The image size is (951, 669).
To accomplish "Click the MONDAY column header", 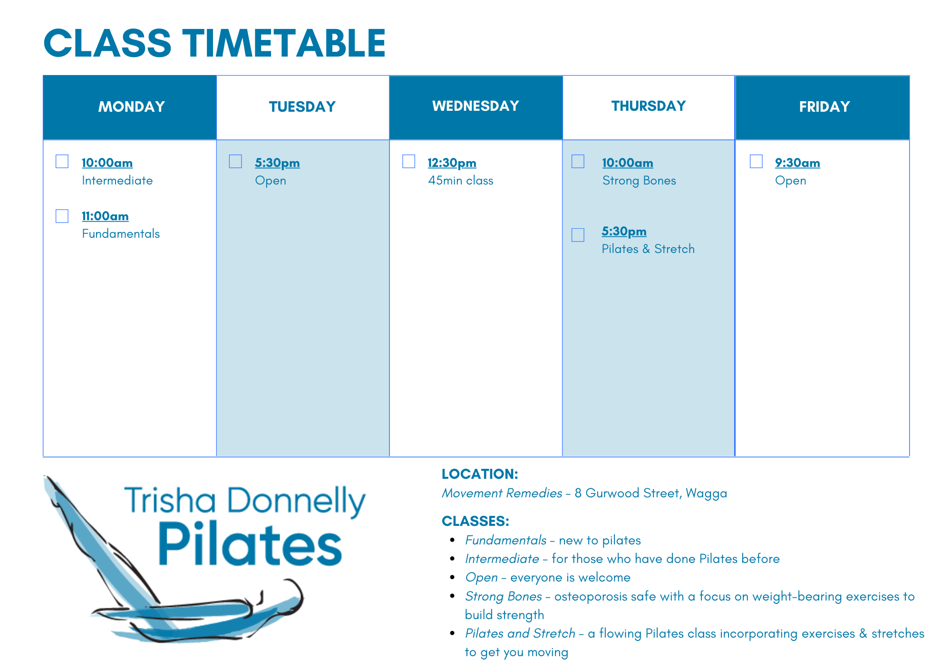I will click(x=131, y=107).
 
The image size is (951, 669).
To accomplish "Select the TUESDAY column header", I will click(x=302, y=107).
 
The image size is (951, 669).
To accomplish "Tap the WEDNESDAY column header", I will click(x=475, y=106).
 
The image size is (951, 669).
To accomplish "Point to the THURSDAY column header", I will click(x=649, y=106).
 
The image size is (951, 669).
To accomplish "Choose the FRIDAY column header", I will click(x=824, y=107).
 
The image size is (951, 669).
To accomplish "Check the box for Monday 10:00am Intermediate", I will click(x=62, y=162).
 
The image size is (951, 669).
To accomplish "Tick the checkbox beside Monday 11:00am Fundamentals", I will click(x=62, y=216).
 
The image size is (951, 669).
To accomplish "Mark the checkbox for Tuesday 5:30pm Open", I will click(x=235, y=162).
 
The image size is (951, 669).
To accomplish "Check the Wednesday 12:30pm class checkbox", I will click(x=408, y=162).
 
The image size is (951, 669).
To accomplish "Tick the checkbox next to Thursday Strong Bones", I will click(x=578, y=162).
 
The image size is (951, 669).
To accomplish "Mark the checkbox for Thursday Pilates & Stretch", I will click(x=578, y=235).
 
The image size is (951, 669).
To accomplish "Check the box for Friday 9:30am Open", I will click(x=756, y=162).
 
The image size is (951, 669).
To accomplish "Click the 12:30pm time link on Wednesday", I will click(x=452, y=163).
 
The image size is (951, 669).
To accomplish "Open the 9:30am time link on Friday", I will click(x=797, y=163).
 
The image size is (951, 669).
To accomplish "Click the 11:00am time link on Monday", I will click(x=105, y=216).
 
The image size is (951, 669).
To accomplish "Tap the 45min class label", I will click(x=460, y=181).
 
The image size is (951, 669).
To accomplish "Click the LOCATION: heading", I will click(x=480, y=474).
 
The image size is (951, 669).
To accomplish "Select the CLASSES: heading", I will click(x=475, y=521).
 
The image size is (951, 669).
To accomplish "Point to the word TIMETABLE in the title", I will click(x=284, y=43).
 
